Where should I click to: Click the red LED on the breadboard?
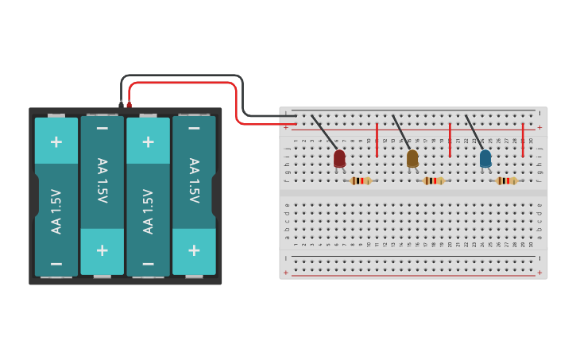pyautogui.click(x=339, y=158)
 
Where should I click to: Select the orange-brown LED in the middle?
pyautogui.click(x=412, y=158)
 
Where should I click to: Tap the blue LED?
pyautogui.click(x=485, y=158)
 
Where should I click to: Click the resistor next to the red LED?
pyautogui.click(x=361, y=181)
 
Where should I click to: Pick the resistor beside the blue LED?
pyautogui.click(x=507, y=181)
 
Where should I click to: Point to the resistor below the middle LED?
pyautogui.click(x=434, y=181)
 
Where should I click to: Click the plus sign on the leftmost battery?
pyautogui.click(x=56, y=141)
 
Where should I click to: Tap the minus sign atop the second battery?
pyautogui.click(x=102, y=127)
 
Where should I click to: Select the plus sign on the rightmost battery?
pyautogui.click(x=194, y=249)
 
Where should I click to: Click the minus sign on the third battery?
pyautogui.click(x=148, y=263)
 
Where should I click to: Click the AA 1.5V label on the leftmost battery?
pyautogui.click(x=56, y=211)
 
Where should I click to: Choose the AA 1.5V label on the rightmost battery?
pyautogui.click(x=194, y=180)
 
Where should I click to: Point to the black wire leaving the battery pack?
pyautogui.click(x=183, y=75)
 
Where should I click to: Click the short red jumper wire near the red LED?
pyautogui.click(x=377, y=139)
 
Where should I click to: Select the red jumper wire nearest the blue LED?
pyautogui.click(x=523, y=139)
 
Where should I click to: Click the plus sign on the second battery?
pyautogui.click(x=102, y=250)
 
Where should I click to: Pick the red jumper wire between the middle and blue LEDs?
pyautogui.click(x=450, y=139)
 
